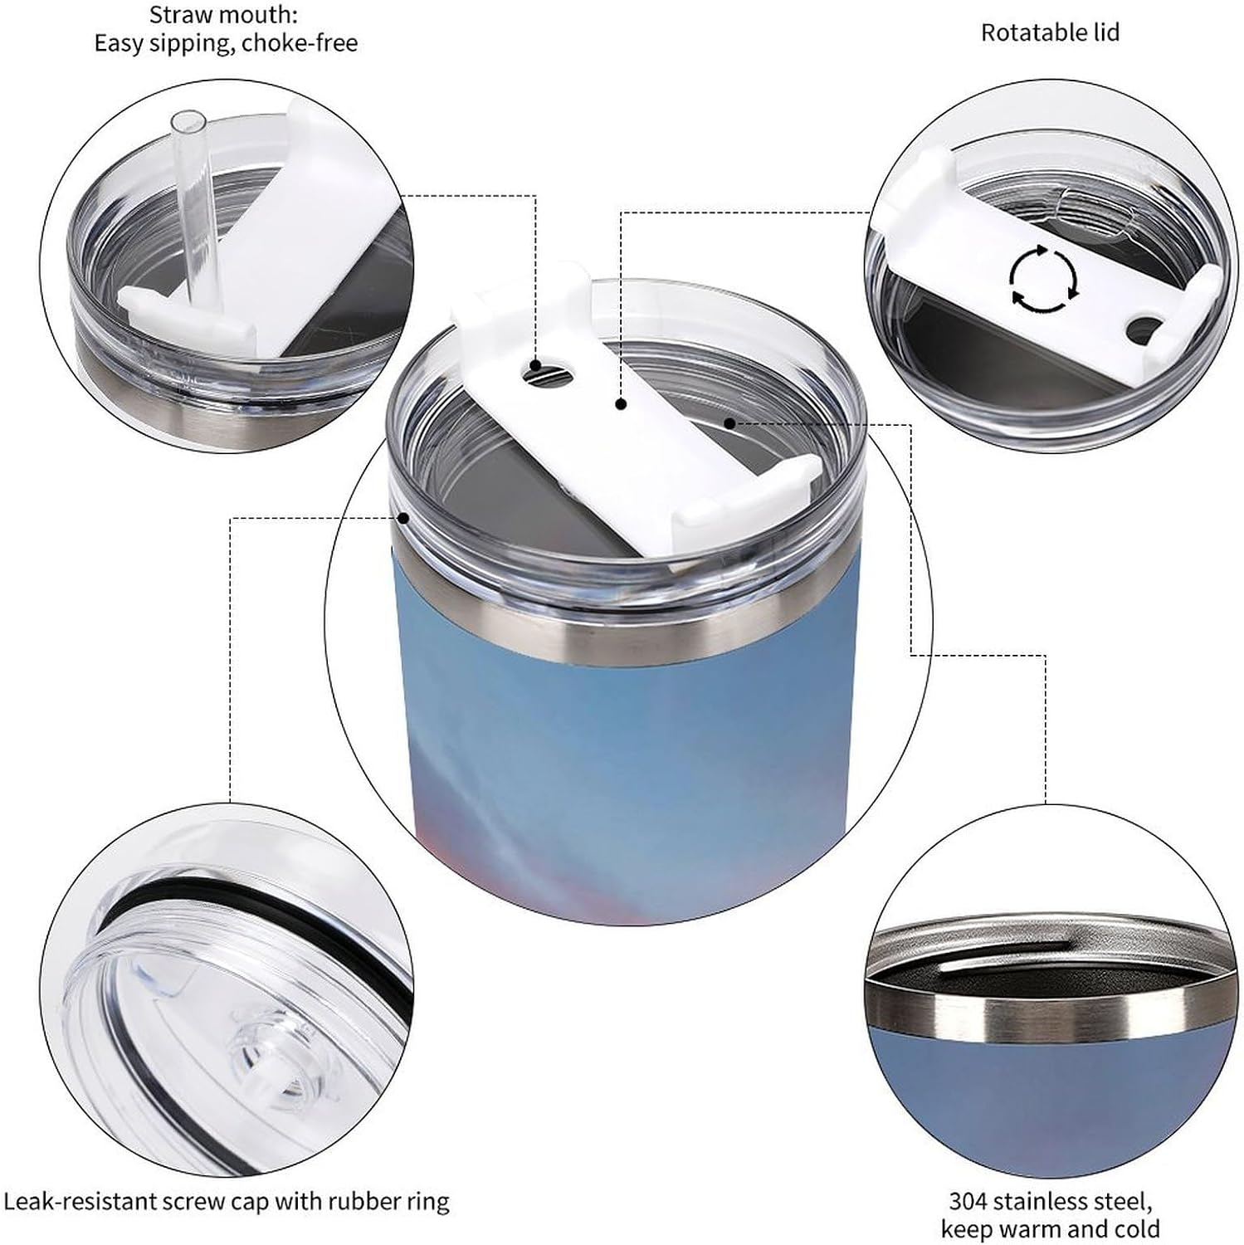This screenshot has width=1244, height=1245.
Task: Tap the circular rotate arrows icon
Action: click(1044, 279)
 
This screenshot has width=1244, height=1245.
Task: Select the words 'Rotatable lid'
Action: click(1050, 32)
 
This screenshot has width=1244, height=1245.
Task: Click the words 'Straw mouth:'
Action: click(223, 14)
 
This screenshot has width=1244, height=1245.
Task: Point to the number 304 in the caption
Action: click(968, 1200)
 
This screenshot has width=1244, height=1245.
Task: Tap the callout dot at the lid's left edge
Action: click(404, 518)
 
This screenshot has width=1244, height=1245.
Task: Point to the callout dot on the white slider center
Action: click(620, 404)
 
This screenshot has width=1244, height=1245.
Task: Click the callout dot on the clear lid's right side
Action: click(729, 422)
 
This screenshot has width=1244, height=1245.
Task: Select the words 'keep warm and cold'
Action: click(1050, 1228)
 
